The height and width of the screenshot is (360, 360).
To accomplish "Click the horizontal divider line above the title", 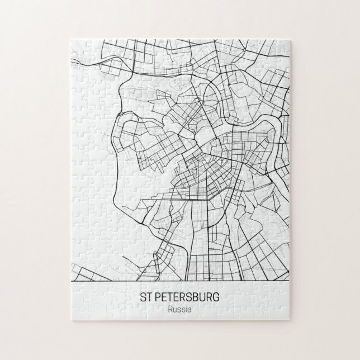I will (x=180, y=278).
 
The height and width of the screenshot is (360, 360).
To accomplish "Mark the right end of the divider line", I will (x=289, y=278).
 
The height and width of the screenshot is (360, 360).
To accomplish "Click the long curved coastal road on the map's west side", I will (x=114, y=184).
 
